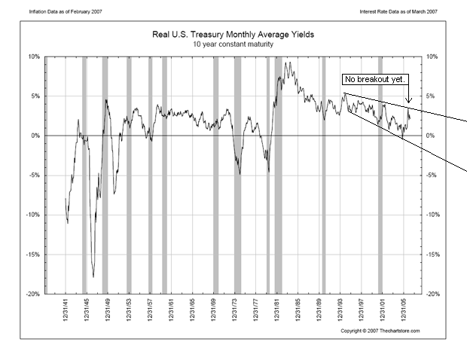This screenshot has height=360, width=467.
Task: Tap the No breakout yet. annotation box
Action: (x=374, y=78)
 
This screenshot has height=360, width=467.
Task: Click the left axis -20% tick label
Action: (x=33, y=294)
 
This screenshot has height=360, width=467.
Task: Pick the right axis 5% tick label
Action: (x=430, y=96)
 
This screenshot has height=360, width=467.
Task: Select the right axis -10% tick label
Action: (x=432, y=215)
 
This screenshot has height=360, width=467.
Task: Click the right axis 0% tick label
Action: (x=430, y=136)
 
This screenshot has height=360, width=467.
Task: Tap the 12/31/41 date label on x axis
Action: (x=66, y=310)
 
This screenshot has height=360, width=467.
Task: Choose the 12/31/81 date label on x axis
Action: (x=279, y=310)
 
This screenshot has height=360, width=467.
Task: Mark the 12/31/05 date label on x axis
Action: (x=406, y=310)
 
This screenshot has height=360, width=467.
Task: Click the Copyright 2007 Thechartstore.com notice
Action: (x=380, y=331)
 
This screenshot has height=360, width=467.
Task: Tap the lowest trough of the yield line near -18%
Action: (x=93, y=276)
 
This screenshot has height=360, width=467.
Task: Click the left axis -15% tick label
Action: (x=33, y=255)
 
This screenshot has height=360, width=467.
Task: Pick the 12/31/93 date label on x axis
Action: (x=342, y=310)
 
